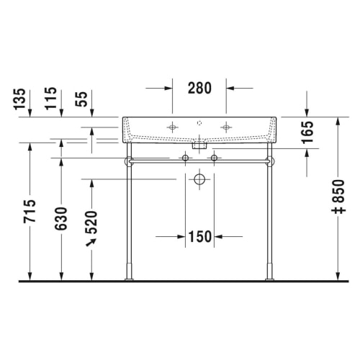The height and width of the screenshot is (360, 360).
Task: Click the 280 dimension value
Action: (199, 88)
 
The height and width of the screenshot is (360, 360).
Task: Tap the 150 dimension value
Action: (200, 237)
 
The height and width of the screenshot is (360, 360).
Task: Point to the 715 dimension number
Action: (30, 211)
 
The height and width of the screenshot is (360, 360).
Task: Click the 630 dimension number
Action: (61, 219)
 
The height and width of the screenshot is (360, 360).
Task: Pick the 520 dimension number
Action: (91, 222)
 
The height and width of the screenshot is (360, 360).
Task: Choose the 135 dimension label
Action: (19, 99)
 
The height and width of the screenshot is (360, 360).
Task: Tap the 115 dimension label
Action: (51, 99)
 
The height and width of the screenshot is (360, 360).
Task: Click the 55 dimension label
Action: (81, 99)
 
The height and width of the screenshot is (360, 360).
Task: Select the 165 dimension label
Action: (307, 132)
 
